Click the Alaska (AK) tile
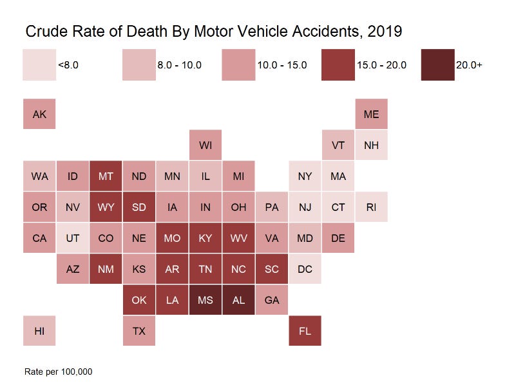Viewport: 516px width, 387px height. click(39, 114)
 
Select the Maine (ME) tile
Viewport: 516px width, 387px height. click(371, 114)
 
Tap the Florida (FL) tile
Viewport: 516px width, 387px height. click(305, 332)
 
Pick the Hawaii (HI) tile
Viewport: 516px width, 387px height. click(39, 332)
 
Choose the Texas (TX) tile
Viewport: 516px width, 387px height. click(139, 332)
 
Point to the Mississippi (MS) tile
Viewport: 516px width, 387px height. click(205, 300)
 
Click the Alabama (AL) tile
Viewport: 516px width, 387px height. click(238, 300)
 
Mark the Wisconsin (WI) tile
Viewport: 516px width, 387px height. click(205, 145)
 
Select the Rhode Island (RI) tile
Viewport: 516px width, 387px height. click(371, 207)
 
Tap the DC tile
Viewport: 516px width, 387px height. click(305, 269)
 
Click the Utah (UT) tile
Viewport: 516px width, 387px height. click(72, 238)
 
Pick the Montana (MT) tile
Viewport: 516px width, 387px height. click(106, 176)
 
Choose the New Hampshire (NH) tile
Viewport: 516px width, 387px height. click(371, 145)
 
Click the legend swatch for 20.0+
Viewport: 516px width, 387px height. click(437, 64)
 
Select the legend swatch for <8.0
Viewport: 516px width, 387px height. click(39, 64)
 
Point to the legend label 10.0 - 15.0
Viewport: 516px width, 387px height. click(282, 65)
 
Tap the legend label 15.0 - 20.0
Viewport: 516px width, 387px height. click(381, 65)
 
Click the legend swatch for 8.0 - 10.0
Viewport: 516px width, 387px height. click(139, 64)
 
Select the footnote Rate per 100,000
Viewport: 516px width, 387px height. click(59, 372)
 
